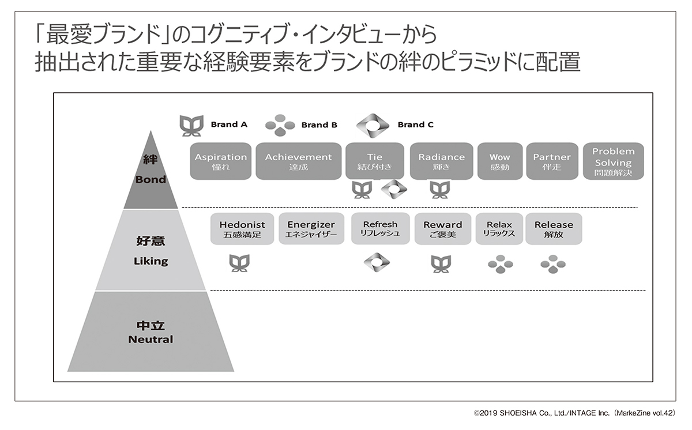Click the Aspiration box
point(220,161)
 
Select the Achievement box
point(298,161)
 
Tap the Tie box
point(374,161)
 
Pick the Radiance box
point(441,161)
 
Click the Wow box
point(499,161)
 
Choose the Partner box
point(551,161)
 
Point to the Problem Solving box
point(613,161)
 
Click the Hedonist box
point(242,229)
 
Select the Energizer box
point(311,229)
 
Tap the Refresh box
point(380,229)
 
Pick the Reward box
point(442,229)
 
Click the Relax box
point(499,229)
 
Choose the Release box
point(554,229)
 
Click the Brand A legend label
point(229,124)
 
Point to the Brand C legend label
point(415,125)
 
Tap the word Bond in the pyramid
point(151,179)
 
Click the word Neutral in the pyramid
point(151,339)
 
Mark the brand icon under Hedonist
point(239,263)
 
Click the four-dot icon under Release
point(553,263)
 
